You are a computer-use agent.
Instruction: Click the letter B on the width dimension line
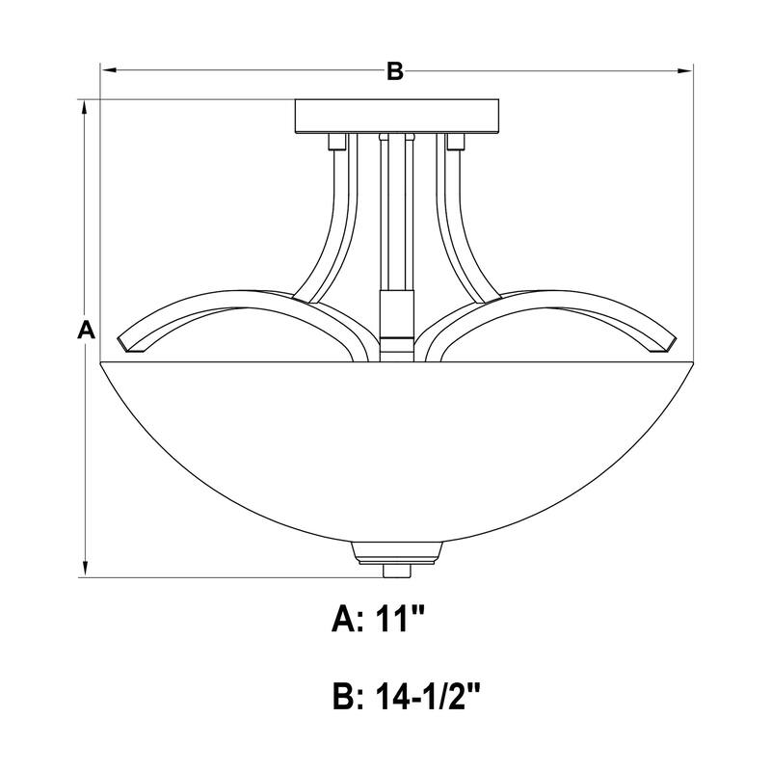(x=395, y=70)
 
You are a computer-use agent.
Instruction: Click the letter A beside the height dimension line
(x=86, y=329)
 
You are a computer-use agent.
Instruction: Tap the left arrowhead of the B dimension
(x=108, y=70)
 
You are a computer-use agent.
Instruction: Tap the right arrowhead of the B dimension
(x=684, y=70)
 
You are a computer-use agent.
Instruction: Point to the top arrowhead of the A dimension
(x=86, y=108)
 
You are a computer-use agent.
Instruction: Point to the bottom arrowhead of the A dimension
(x=86, y=570)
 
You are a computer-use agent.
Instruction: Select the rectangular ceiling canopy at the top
(x=397, y=117)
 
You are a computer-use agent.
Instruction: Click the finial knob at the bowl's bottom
(x=396, y=571)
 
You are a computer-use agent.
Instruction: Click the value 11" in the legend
(x=400, y=619)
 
